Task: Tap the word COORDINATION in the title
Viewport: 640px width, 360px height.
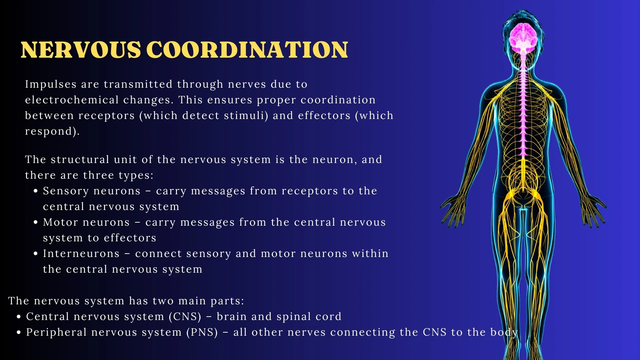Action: (247, 50)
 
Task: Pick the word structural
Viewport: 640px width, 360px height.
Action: (80, 160)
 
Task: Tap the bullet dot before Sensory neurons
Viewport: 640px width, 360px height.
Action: (36, 191)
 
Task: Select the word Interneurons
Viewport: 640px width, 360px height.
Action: (81, 254)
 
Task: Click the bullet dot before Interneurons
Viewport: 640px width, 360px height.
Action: (36, 254)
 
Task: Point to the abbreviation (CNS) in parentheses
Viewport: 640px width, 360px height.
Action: (185, 317)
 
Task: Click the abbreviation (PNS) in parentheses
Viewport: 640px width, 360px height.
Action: (202, 332)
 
